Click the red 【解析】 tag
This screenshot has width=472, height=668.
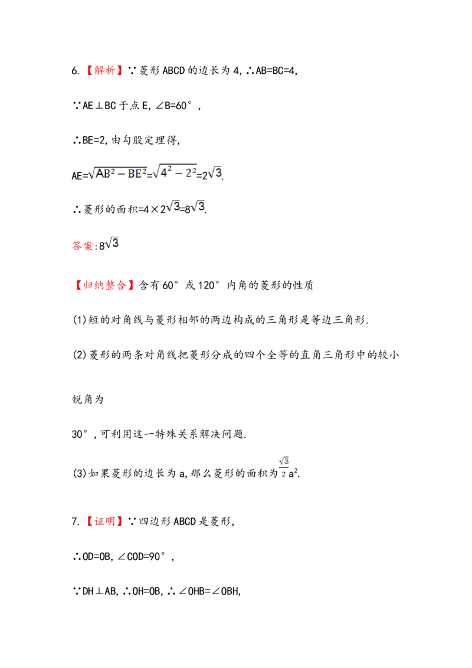(104, 70)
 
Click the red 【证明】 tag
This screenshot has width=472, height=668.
(104, 521)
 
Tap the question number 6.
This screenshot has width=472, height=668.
(76, 71)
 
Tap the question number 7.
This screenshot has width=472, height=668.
(76, 522)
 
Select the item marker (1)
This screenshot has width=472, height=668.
(80, 320)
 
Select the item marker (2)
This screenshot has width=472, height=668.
(80, 355)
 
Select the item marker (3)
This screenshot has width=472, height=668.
(80, 473)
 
